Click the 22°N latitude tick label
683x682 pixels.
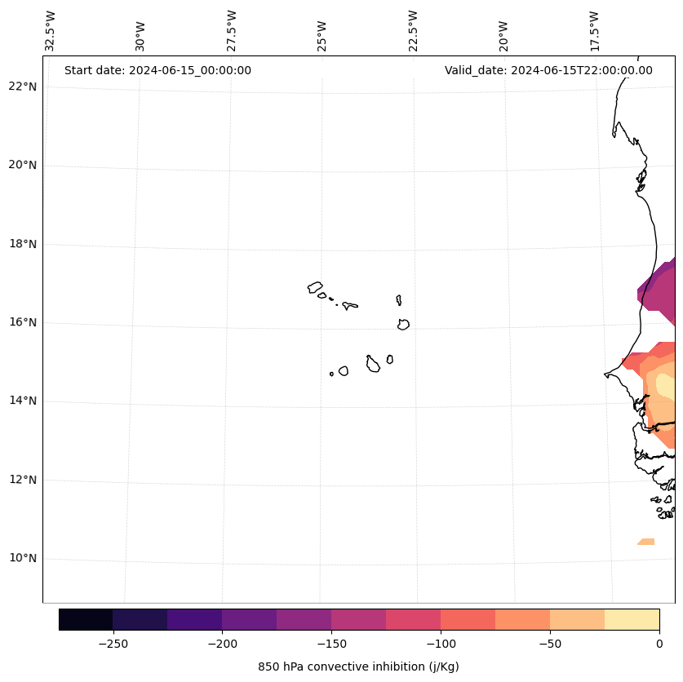click(22, 86)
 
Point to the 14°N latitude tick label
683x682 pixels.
click(22, 401)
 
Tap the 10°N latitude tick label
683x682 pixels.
click(22, 558)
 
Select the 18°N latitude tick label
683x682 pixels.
click(22, 244)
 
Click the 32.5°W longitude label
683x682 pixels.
click(51, 31)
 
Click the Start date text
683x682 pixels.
click(157, 70)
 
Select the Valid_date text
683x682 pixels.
click(548, 70)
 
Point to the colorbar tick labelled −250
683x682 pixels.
click(113, 643)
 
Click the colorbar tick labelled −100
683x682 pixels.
click(441, 643)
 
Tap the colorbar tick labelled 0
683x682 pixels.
click(659, 643)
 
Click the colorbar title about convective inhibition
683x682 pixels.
click(358, 666)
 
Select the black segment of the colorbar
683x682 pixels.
click(86, 619)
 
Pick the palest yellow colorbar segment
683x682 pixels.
click(632, 619)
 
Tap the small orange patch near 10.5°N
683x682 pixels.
click(645, 542)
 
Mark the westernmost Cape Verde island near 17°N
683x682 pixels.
click(315, 287)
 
